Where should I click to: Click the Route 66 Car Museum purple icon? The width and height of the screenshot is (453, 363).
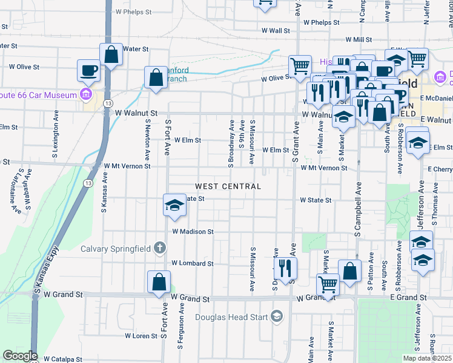tap(85, 94)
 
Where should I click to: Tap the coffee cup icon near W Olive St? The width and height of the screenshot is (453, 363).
tap(88, 70)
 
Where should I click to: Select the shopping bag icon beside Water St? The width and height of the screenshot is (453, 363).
tap(111, 54)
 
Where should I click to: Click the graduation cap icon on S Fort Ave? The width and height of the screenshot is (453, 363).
tap(174, 206)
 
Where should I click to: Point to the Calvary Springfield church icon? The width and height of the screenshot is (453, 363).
tap(160, 247)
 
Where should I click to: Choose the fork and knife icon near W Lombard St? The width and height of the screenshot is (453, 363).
tap(285, 267)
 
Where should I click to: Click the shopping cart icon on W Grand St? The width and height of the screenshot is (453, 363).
tap(328, 284)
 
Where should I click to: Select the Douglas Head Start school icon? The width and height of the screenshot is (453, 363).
tap(277, 316)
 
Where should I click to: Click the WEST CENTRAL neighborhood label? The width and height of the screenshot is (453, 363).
tap(228, 186)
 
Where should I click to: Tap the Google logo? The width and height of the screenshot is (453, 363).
tap(20, 356)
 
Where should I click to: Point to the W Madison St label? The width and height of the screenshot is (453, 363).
tap(193, 231)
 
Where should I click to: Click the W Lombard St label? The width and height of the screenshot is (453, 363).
tap(192, 263)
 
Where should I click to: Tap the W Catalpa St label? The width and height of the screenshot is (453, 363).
tap(62, 359)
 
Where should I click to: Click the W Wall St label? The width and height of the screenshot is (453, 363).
tap(276, 30)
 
